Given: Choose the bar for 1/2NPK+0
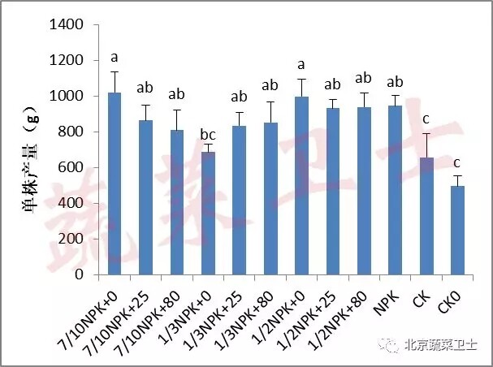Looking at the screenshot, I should tap(302, 186).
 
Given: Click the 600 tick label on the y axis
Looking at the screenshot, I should tap(72, 168).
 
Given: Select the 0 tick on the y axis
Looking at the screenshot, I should tap(80, 274).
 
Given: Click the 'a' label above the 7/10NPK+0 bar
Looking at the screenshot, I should tap(115, 58).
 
